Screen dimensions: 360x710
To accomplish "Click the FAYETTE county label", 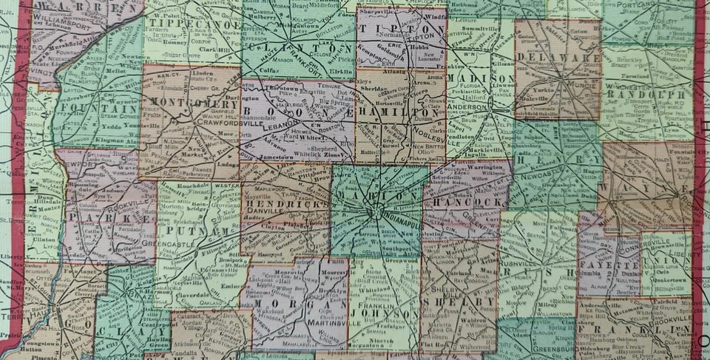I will pos(600,263).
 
